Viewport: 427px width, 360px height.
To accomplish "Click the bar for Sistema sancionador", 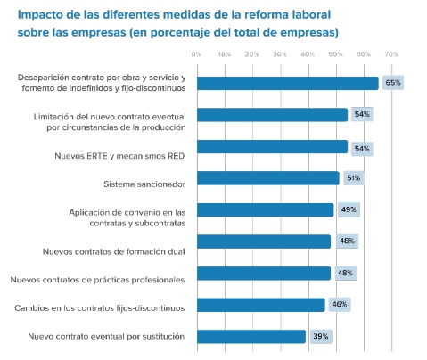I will [x=267, y=178].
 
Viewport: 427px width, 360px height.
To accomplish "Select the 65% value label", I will [x=392, y=83].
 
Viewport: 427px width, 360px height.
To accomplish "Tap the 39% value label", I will [x=320, y=337].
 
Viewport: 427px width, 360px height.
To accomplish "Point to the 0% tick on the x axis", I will [x=196, y=54].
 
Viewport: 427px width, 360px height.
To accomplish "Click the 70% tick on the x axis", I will [x=390, y=54].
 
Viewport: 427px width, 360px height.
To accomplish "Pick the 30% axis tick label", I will [x=280, y=54].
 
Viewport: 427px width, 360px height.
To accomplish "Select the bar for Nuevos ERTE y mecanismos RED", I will [x=272, y=146].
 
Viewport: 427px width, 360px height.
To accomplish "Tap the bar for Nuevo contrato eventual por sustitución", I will [x=250, y=337].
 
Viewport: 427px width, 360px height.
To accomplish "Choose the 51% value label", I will [x=353, y=178].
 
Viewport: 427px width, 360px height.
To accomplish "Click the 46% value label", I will [x=340, y=305].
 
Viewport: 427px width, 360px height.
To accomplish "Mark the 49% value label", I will [x=348, y=210].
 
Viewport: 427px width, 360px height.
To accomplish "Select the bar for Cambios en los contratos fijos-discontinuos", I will [x=260, y=305].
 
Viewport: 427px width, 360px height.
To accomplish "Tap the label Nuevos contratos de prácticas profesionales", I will [x=97, y=280].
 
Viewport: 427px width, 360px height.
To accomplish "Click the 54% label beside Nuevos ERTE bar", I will [x=362, y=146].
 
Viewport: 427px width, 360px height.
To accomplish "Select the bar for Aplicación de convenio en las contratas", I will [x=265, y=210].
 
